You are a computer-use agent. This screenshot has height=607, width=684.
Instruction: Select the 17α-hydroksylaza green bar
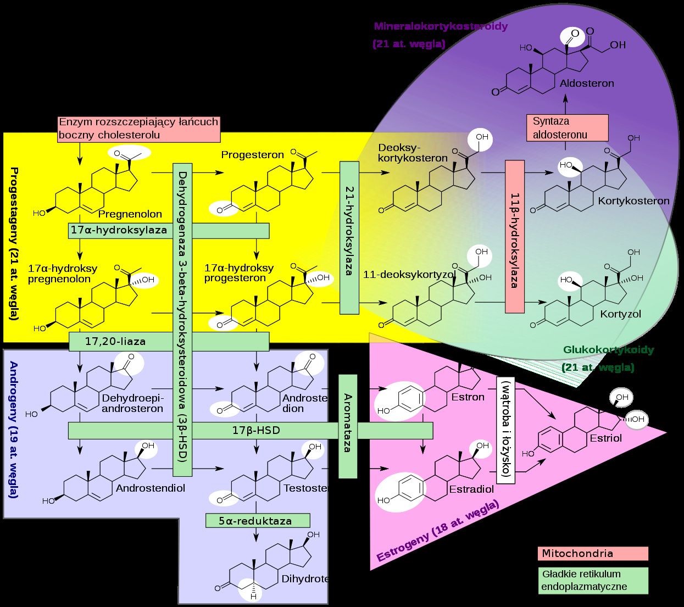[x=119, y=230]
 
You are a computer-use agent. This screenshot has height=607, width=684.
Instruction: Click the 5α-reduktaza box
[x=257, y=521]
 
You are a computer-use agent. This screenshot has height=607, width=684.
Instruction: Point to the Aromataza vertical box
[x=348, y=426]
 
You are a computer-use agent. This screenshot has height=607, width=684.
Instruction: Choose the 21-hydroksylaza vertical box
[x=349, y=237]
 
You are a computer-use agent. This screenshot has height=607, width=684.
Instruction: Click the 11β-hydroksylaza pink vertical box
[x=514, y=237]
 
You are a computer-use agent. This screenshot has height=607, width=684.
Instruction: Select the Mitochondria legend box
[x=592, y=553]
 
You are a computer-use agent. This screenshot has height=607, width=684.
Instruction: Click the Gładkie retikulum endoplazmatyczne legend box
[x=592, y=581]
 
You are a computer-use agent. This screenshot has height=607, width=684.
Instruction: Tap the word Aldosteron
[x=587, y=83]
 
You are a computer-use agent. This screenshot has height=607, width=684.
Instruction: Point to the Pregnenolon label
[x=130, y=214]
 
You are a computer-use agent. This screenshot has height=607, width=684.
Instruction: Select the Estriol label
[x=605, y=438]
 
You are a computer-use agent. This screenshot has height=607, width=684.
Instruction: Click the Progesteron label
[x=252, y=155]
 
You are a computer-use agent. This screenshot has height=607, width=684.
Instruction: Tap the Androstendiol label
[x=151, y=488]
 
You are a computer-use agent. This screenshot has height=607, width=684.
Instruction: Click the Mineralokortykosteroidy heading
[x=441, y=26]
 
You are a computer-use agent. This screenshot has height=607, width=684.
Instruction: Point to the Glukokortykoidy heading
[x=608, y=350]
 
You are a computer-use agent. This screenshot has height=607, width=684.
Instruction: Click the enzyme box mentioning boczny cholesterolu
[x=138, y=129]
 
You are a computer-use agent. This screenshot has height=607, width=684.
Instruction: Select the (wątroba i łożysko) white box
[x=505, y=430]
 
